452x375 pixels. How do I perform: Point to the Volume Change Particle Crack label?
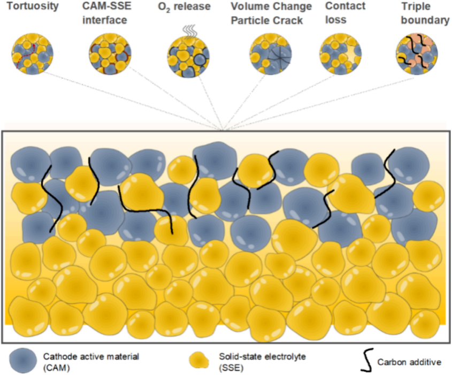[x=271, y=13]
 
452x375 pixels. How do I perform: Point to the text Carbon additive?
[x=409, y=362]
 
